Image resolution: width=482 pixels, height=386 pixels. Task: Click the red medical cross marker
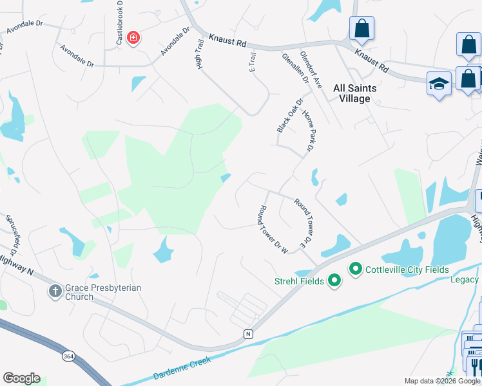[x=133, y=39]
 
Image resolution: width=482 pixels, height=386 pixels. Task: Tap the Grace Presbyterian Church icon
[x=56, y=292]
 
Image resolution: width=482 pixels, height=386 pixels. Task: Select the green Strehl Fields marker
[x=334, y=280]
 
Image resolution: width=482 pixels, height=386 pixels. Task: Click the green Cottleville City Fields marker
[x=355, y=269]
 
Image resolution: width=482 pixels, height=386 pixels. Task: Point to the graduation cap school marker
[x=439, y=84]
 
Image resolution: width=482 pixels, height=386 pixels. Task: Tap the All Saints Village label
[x=352, y=93]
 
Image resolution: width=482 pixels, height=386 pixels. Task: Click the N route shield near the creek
[x=247, y=333]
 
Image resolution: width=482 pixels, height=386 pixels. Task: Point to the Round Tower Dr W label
[x=273, y=230]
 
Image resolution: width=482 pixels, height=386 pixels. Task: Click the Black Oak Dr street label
[x=289, y=116]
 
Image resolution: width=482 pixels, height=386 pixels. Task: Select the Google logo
[x=21, y=378]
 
